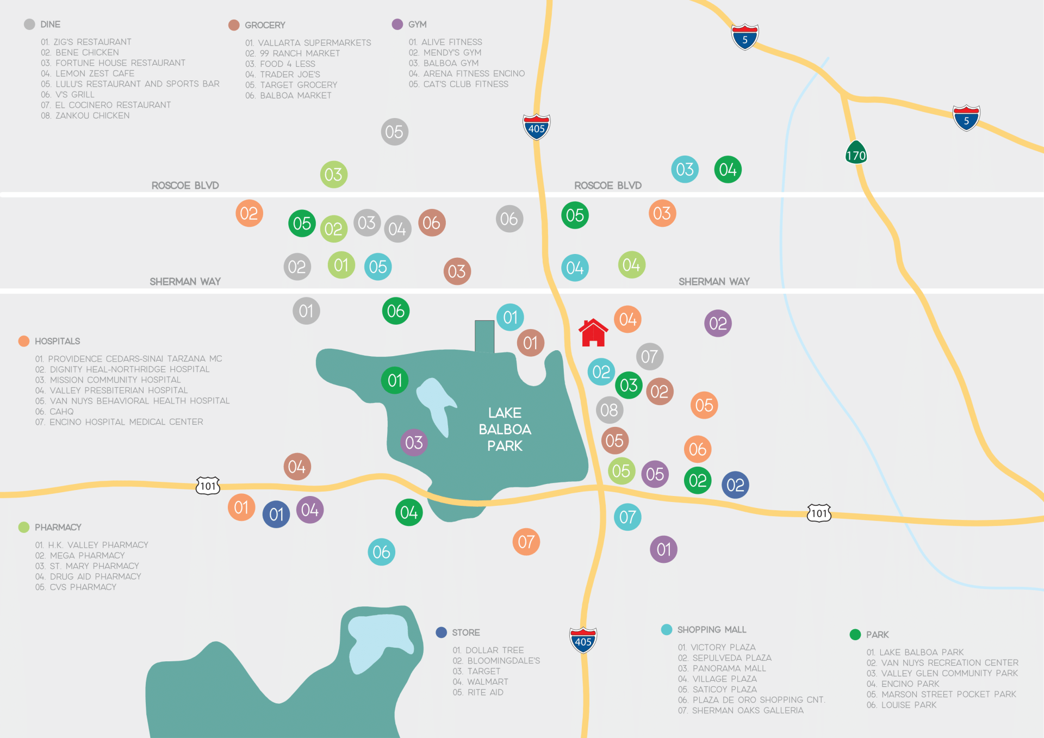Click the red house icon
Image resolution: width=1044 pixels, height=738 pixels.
pyautogui.click(x=593, y=333)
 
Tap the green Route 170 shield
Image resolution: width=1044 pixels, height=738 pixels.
pyautogui.click(x=856, y=153)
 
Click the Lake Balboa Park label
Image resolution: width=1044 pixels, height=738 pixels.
pyautogui.click(x=505, y=429)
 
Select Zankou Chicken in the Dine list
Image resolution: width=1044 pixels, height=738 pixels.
pyautogui.click(x=85, y=115)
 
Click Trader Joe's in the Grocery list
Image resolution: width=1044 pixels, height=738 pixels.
pyautogui.click(x=283, y=75)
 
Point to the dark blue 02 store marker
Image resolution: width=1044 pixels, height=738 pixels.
pyautogui.click(x=735, y=485)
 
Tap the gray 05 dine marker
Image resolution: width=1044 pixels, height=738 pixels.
pyautogui.click(x=394, y=132)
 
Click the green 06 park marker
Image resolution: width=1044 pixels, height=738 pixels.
pyautogui.click(x=396, y=311)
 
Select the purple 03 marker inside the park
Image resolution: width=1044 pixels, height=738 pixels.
pyautogui.click(x=414, y=442)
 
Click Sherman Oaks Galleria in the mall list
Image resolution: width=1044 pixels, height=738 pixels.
pyautogui.click(x=741, y=710)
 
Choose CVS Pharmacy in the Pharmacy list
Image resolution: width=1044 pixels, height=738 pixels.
pyautogui.click(x=76, y=587)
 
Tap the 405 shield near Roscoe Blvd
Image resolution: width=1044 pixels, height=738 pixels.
pyautogui.click(x=536, y=127)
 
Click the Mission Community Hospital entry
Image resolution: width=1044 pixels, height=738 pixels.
pyautogui.click(x=109, y=380)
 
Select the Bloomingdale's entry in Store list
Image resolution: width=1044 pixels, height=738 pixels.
pyautogui.click(x=497, y=661)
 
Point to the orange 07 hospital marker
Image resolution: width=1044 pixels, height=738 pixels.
pyautogui.click(x=526, y=542)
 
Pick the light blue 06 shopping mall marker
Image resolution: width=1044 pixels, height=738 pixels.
pyautogui.click(x=381, y=552)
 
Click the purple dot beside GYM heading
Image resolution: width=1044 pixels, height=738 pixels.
pyautogui.click(x=397, y=24)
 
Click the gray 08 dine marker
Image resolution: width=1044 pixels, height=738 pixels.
pyautogui.click(x=609, y=410)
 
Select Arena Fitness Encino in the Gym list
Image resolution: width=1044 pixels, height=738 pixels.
pyautogui.click(x=467, y=73)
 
